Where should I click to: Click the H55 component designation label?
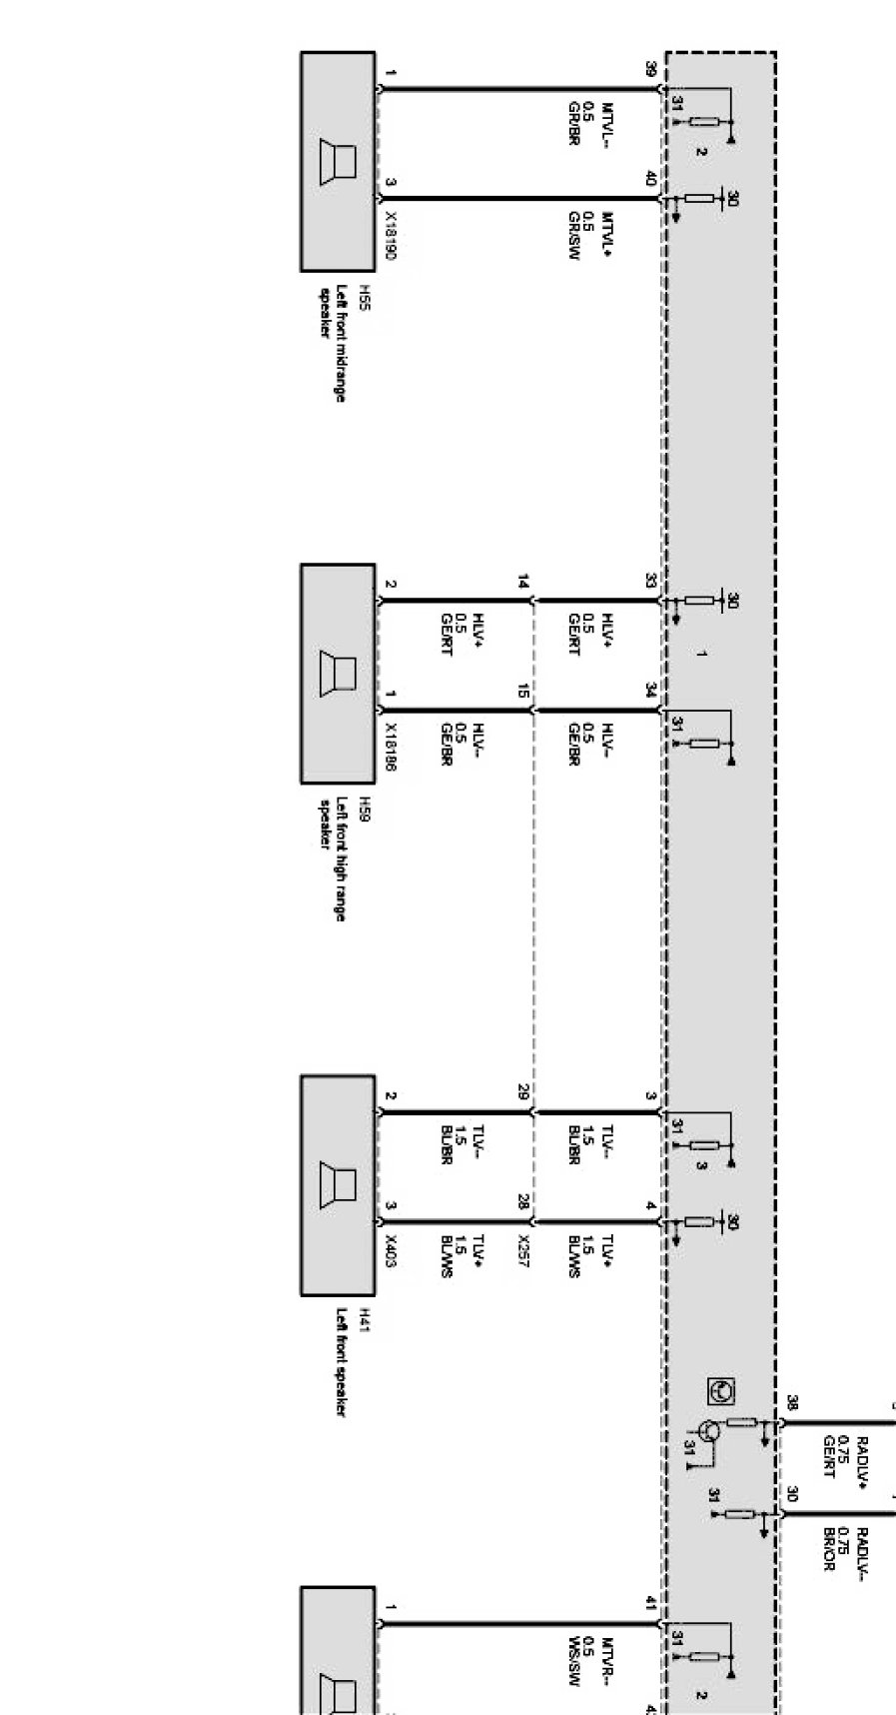(x=364, y=299)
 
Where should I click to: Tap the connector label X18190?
(x=391, y=236)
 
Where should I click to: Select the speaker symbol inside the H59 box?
(x=337, y=673)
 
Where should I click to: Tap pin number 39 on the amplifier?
(x=650, y=70)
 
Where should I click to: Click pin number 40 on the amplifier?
(x=650, y=179)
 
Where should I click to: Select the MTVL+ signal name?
(x=606, y=232)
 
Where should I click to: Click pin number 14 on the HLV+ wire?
(x=522, y=582)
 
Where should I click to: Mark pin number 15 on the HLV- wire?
(x=522, y=691)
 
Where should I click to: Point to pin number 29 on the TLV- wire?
(x=522, y=1092)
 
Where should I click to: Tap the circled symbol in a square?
(x=720, y=1390)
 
